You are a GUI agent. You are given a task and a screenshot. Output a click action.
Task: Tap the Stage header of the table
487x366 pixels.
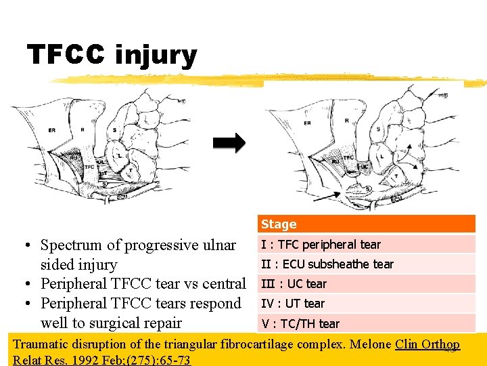tap(279, 224)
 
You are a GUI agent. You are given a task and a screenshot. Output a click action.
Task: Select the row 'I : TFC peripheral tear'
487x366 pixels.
tap(321, 245)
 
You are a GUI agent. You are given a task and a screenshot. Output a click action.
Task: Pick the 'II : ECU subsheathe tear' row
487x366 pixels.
tap(327, 264)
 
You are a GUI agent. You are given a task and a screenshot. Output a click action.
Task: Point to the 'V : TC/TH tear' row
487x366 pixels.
tap(300, 323)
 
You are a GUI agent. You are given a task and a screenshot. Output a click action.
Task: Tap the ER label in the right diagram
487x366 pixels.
tap(307, 123)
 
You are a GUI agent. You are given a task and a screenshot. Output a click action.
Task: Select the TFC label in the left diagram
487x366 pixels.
tap(90, 166)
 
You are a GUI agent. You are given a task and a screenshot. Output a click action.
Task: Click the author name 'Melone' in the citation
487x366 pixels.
tap(370, 344)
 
